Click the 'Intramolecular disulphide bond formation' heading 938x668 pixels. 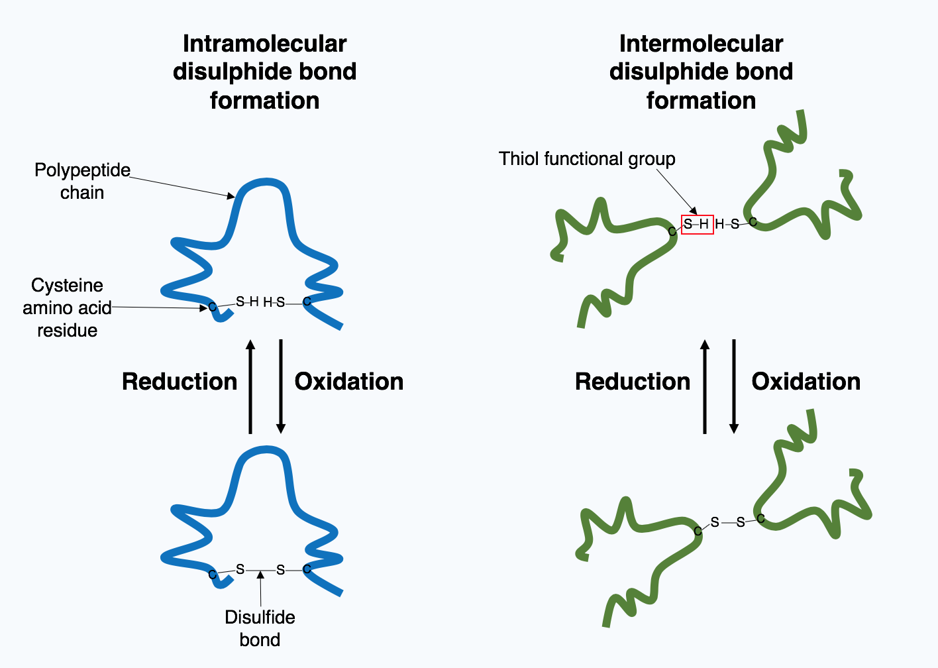coord(264,72)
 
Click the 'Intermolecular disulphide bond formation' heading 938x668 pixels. coord(701,72)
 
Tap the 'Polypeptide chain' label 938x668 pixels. coord(82,181)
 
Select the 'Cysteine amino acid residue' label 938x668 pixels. coord(67,307)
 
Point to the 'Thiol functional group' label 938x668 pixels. coord(587,159)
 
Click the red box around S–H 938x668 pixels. coord(698,225)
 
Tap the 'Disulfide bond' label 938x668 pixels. coord(260,628)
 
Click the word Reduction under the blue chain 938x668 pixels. coord(180,382)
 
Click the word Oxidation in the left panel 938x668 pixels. coord(349,382)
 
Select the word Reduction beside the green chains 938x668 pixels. coord(633,382)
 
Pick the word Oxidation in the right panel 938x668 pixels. coord(806,382)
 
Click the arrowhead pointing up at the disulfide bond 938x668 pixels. coord(260,575)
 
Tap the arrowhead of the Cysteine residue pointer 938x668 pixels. coord(204,308)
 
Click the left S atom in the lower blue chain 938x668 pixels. coord(240,569)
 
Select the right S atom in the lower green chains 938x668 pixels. coord(741,523)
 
